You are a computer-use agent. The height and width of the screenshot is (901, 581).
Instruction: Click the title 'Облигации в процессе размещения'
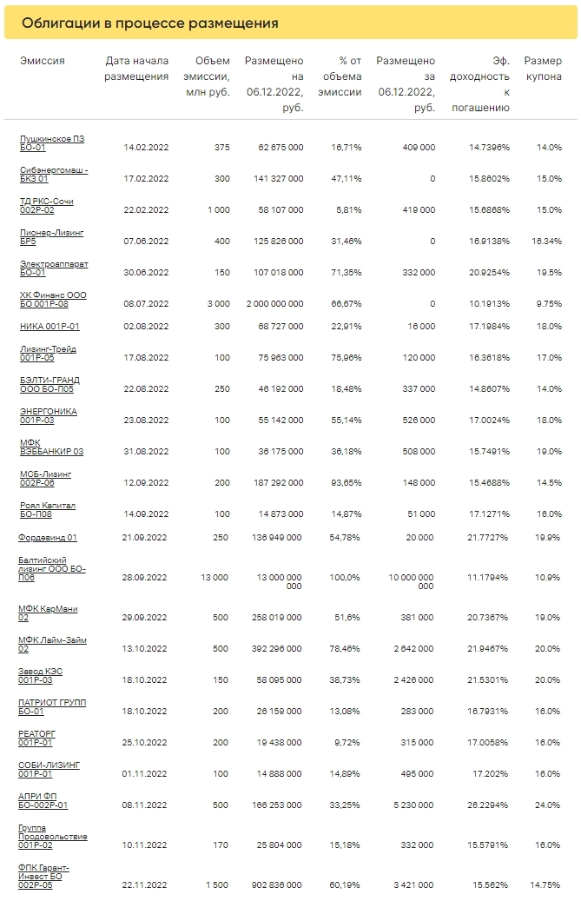click(x=149, y=23)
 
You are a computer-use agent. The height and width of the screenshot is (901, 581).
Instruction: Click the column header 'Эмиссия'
click(x=43, y=61)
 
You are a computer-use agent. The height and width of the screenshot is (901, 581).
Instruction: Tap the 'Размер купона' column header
click(x=543, y=69)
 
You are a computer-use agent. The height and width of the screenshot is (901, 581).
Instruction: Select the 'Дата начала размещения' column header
click(x=136, y=69)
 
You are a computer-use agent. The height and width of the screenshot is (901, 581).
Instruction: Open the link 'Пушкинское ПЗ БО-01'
click(x=52, y=143)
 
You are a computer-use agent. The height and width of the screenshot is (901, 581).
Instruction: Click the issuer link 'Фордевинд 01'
click(x=48, y=538)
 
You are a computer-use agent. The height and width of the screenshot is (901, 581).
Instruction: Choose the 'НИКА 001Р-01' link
click(x=50, y=327)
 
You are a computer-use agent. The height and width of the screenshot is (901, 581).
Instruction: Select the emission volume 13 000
click(x=215, y=578)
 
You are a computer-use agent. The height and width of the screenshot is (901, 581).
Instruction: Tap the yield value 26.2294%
click(x=488, y=805)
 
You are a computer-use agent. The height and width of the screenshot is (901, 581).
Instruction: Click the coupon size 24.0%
click(x=547, y=805)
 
